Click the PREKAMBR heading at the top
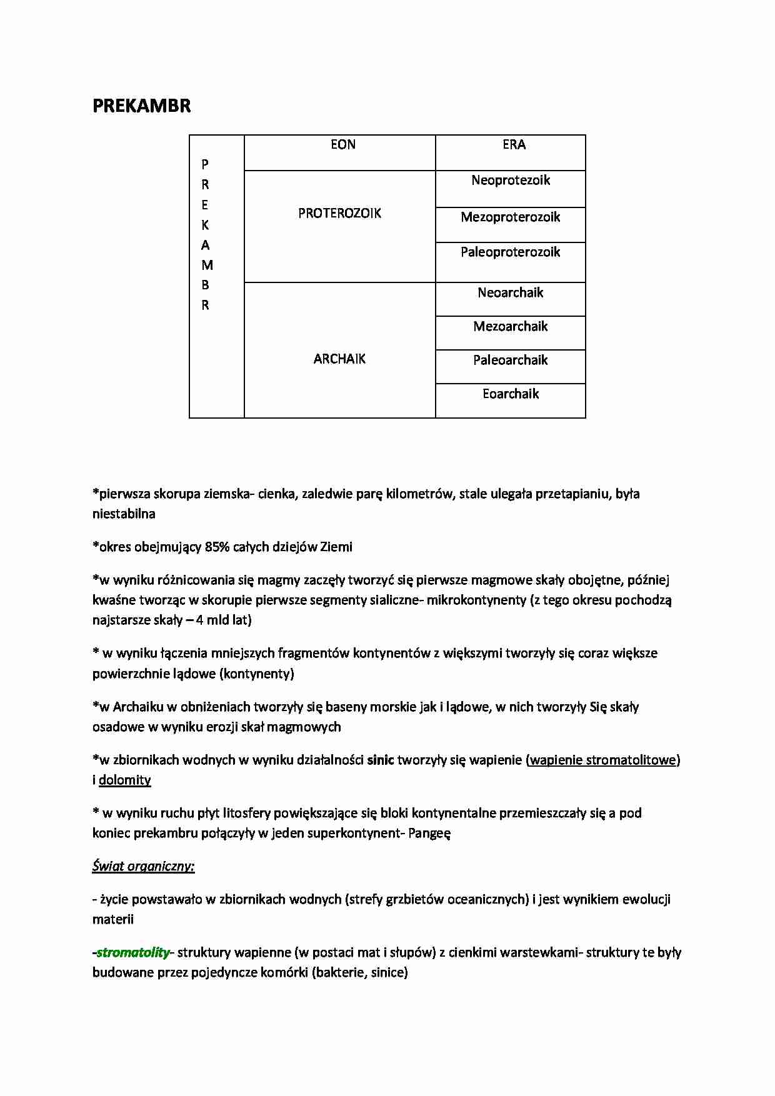click(x=141, y=106)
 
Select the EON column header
click(x=342, y=145)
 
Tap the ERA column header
click(x=514, y=145)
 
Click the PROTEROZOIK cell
click(x=339, y=214)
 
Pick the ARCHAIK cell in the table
click(x=339, y=359)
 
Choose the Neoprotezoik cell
click(x=511, y=181)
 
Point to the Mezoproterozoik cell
click(x=511, y=217)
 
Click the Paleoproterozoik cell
click(x=511, y=252)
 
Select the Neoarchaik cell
click(x=511, y=293)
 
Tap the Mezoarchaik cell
click(x=511, y=327)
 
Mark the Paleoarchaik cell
click(x=511, y=361)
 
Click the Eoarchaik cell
click(x=511, y=394)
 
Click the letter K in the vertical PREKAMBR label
click(x=205, y=225)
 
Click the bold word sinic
click(x=380, y=760)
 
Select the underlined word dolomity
click(x=125, y=780)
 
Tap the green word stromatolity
click(x=133, y=953)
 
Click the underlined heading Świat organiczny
click(x=143, y=867)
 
